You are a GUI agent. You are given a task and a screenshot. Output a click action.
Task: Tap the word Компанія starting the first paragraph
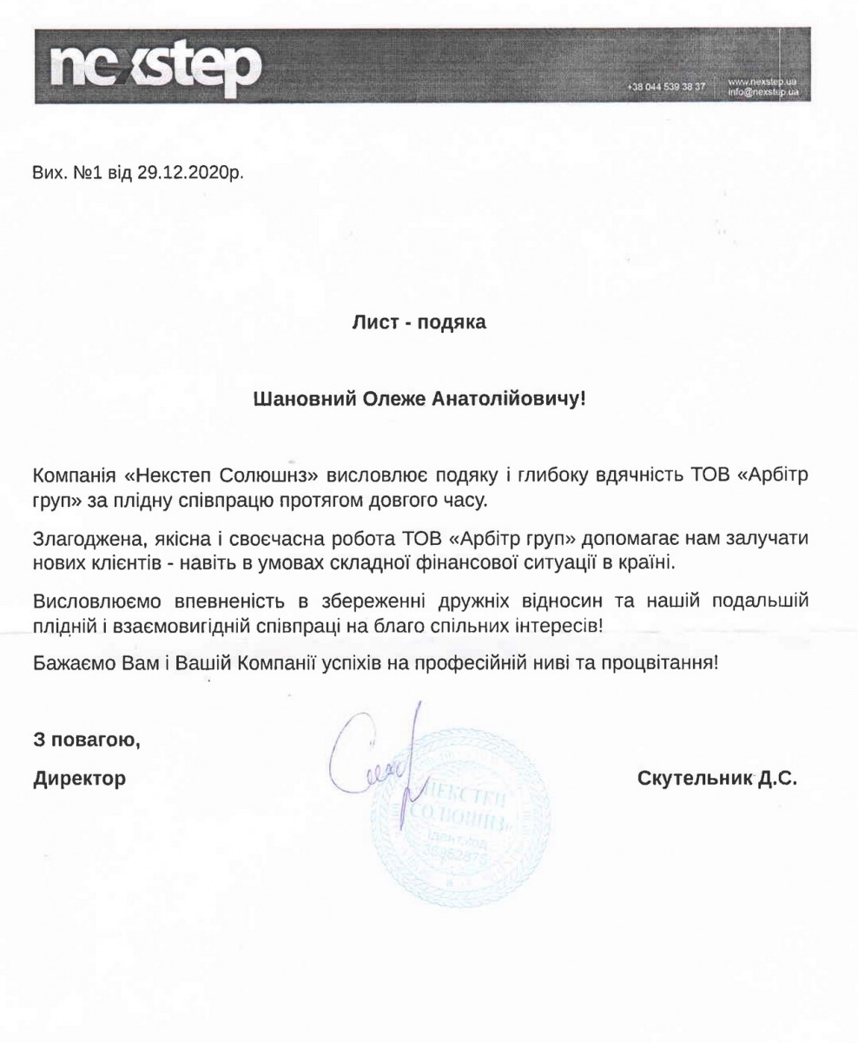pyautogui.click(x=72, y=476)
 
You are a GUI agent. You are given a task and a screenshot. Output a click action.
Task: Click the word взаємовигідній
pyautogui.click(x=196, y=624)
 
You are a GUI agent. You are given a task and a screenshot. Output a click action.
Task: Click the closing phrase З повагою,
pyautogui.click(x=87, y=741)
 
